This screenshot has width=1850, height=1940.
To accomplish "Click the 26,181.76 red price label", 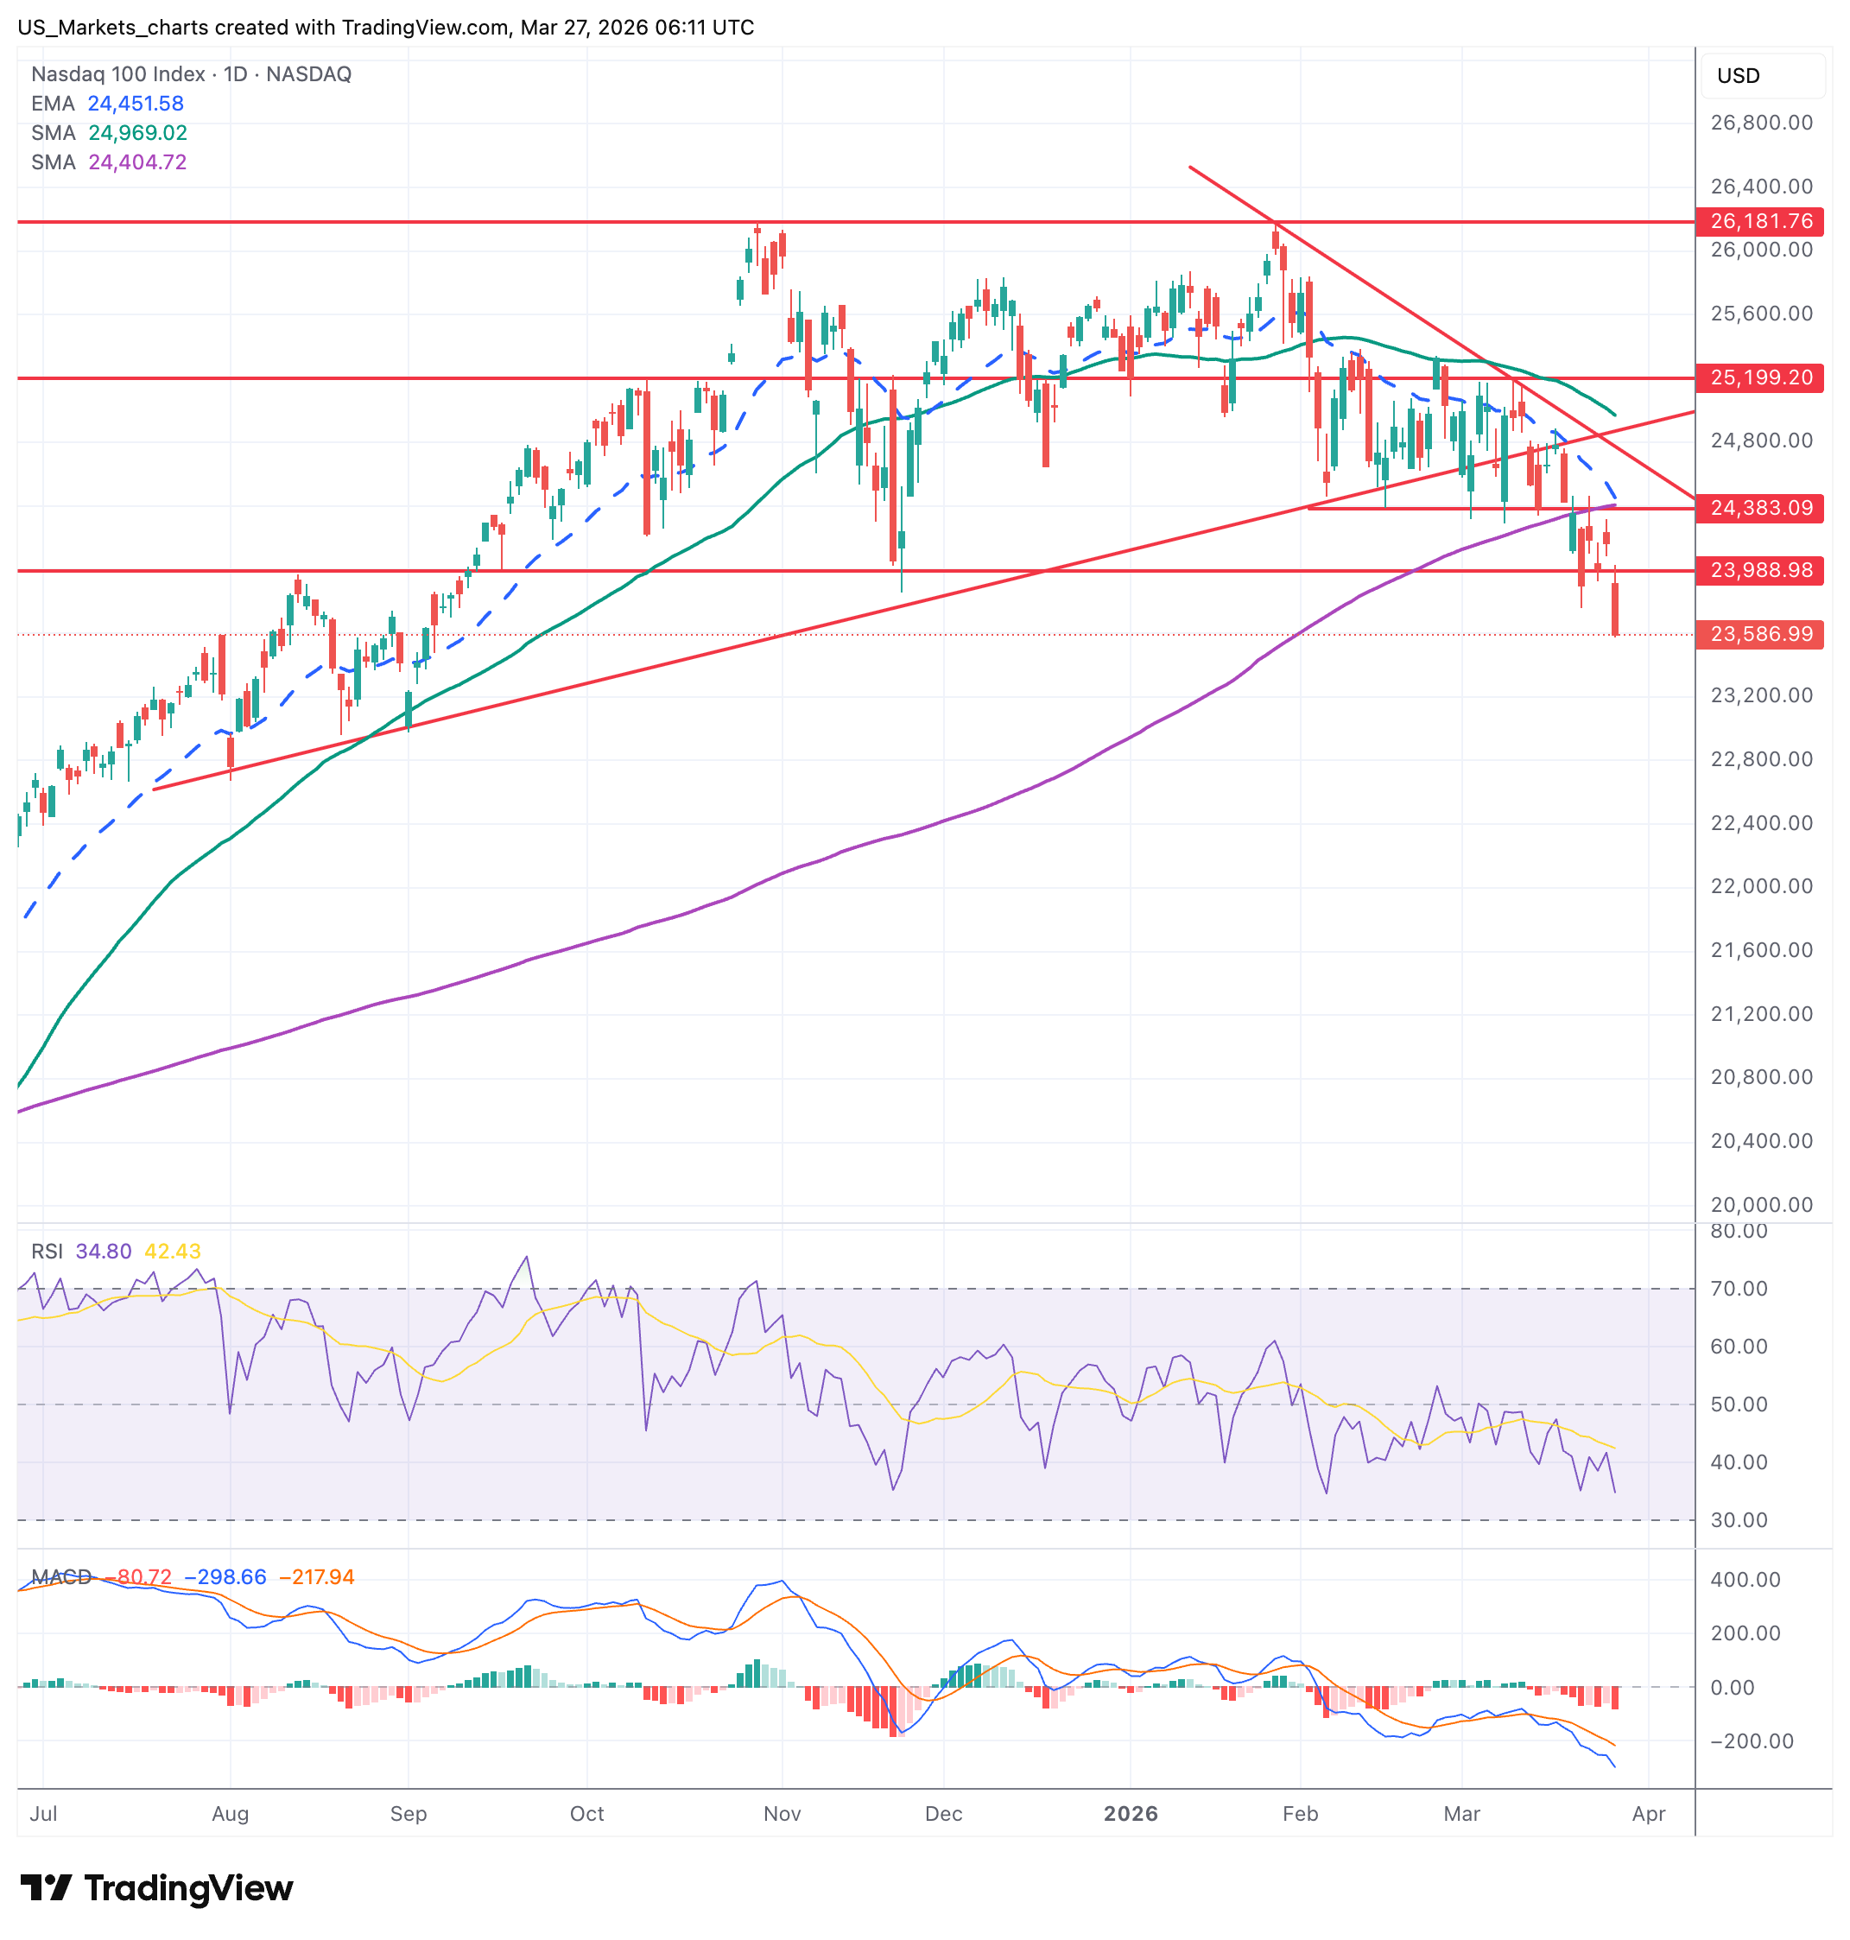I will pyautogui.click(x=1759, y=221).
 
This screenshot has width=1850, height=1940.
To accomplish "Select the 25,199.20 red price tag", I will pyautogui.click(x=1759, y=377).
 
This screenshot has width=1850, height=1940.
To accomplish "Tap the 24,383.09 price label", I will pyautogui.click(x=1759, y=508).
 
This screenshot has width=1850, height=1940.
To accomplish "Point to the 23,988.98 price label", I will pyautogui.click(x=1759, y=570).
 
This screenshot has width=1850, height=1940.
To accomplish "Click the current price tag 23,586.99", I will pyautogui.click(x=1759, y=634).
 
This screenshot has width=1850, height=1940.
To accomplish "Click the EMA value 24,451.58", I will pyautogui.click(x=135, y=104).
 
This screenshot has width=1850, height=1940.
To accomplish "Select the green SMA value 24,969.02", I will pyautogui.click(x=137, y=133).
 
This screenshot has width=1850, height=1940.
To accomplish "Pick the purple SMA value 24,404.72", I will pyautogui.click(x=137, y=162).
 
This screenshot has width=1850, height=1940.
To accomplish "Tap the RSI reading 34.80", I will pyautogui.click(x=103, y=1252).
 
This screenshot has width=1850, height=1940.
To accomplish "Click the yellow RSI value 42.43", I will pyautogui.click(x=173, y=1252).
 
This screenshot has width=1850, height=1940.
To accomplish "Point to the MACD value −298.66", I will pyautogui.click(x=225, y=1577).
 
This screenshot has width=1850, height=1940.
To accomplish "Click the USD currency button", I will pyautogui.click(x=1738, y=76).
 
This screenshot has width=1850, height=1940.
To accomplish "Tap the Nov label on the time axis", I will pyautogui.click(x=782, y=1814).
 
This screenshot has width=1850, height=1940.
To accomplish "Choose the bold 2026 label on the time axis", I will pyautogui.click(x=1130, y=1814).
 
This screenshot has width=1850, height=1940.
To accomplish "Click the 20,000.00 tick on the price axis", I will pyautogui.click(x=1761, y=1204).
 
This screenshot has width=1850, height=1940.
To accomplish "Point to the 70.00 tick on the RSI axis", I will pyautogui.click(x=1739, y=1288).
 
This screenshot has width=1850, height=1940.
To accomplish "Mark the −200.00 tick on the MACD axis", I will pyautogui.click(x=1752, y=1740).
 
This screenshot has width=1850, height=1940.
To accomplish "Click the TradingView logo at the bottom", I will pyautogui.click(x=158, y=1889).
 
